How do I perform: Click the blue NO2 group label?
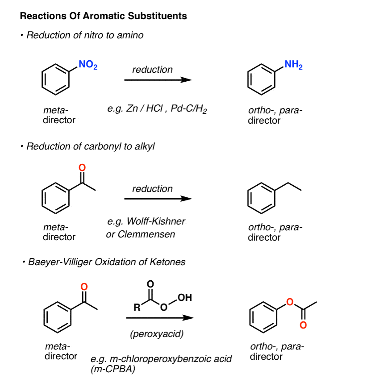pos(88,65)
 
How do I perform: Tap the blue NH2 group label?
pos(293,65)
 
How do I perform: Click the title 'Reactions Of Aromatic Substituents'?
pos(104,16)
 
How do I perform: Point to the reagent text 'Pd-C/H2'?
pos(189,109)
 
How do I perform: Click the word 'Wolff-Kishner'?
pos(156,221)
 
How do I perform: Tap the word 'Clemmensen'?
pos(146,234)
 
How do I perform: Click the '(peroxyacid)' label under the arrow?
pos(157,334)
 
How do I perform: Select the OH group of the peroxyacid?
pos(185,297)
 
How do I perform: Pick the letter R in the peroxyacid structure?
pos(137,307)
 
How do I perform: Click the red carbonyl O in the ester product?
pos(303,325)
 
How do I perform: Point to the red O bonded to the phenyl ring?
pos(290,302)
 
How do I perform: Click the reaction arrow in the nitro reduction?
pos(158,80)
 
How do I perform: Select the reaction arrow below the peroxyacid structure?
pos(160,318)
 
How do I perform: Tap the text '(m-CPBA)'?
pos(113,369)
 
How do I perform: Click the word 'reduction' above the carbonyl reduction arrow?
pos(153,189)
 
